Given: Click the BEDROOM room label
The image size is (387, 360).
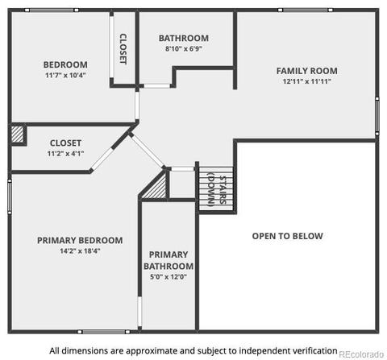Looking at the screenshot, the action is click(65, 64).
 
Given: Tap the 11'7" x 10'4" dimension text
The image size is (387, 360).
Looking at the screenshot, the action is click(65, 75).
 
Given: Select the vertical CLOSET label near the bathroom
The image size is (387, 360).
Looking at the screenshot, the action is click(123, 49).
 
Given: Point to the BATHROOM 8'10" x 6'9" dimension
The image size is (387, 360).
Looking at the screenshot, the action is click(184, 48).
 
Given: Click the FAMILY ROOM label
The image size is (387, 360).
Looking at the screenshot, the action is click(307, 71).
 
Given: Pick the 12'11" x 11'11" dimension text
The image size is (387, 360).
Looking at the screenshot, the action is click(307, 81).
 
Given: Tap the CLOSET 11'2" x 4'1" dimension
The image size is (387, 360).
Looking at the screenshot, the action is click(65, 154).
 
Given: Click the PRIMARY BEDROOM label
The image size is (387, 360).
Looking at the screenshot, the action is click(80, 240).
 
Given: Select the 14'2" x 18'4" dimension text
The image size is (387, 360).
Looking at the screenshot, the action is click(80, 251).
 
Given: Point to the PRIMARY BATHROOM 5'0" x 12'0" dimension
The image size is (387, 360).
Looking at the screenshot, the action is click(169, 277).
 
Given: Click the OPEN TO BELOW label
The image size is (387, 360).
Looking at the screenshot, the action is click(288, 236).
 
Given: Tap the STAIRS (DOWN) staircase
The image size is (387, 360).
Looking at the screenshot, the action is click(216, 189).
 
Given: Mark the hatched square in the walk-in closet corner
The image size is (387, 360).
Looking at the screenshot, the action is click(18, 134).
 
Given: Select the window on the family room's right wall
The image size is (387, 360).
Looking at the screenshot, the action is click(377, 116).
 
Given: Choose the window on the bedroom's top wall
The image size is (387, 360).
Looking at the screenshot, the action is click(52, 10).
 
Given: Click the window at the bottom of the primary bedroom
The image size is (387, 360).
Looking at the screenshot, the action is click(104, 332).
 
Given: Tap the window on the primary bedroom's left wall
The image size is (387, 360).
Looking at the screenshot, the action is click(10, 197).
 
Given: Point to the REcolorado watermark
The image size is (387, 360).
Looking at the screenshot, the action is click(361, 354).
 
